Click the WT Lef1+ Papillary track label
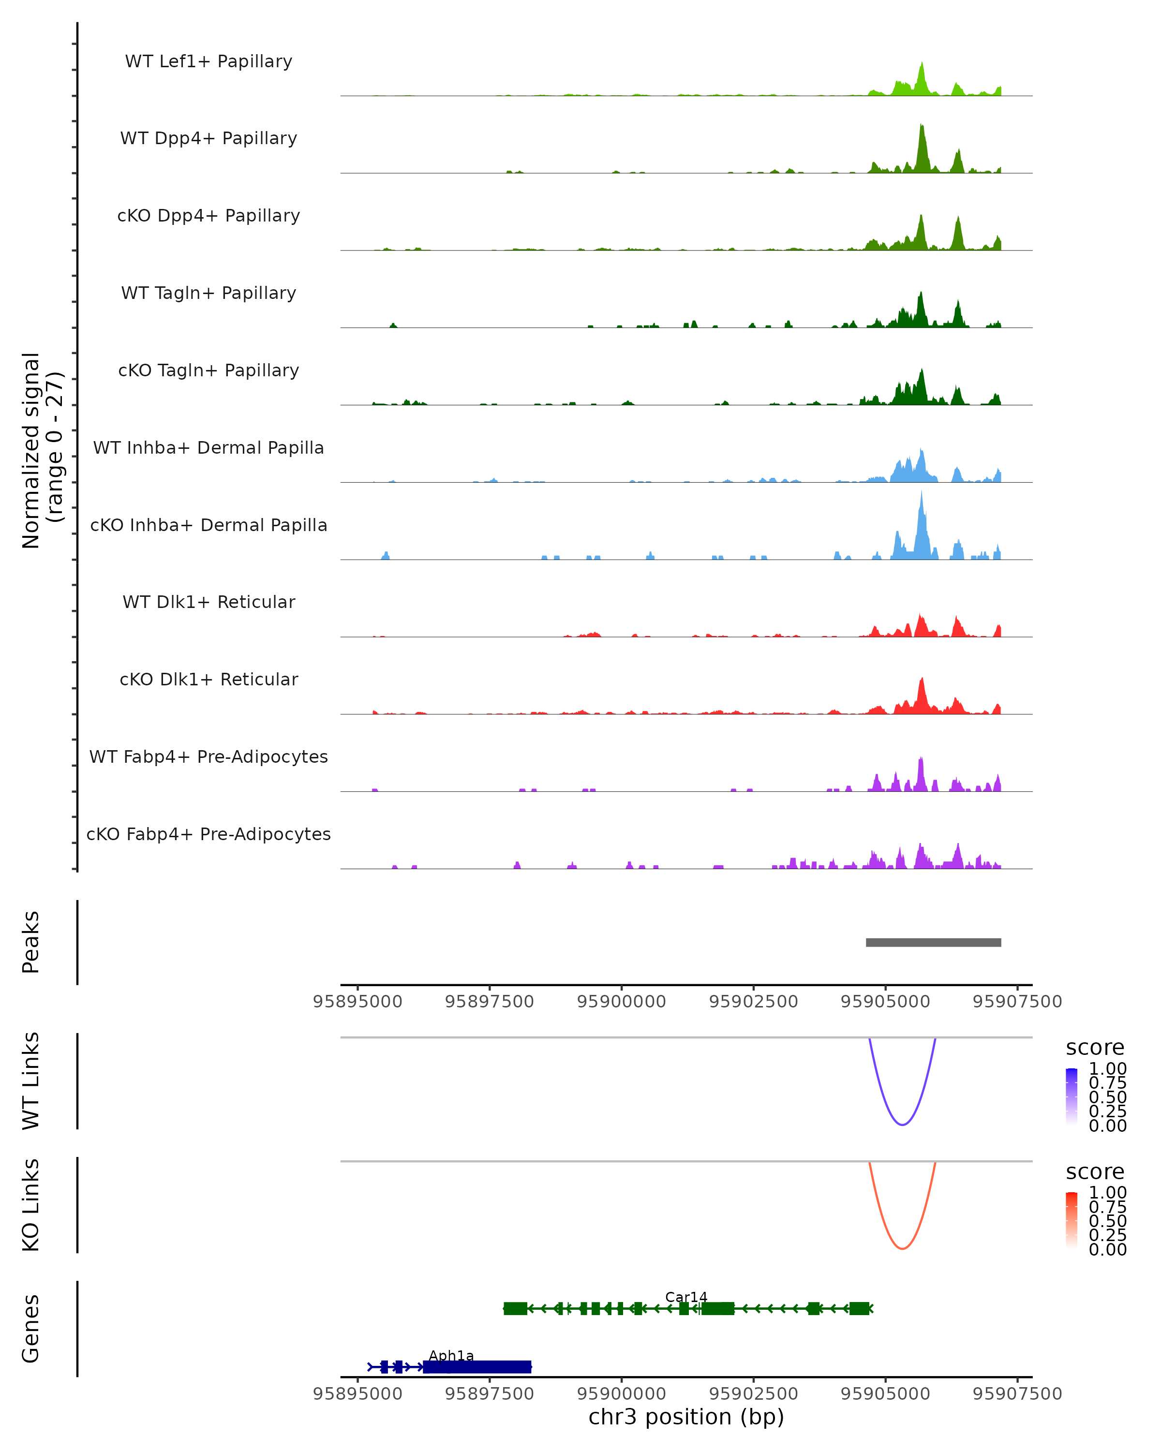click(208, 62)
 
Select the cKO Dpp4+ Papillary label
click(208, 216)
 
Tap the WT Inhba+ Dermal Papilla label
click(208, 448)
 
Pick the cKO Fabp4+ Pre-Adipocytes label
click(208, 834)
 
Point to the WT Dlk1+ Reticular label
click(208, 602)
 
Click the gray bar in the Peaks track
click(933, 943)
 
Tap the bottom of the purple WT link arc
click(902, 1124)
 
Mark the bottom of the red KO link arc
click(902, 1248)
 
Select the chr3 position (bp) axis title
click(686, 1417)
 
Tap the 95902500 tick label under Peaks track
click(753, 1002)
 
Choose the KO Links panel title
click(31, 1205)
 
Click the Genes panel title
click(31, 1329)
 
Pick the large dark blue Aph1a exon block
click(476, 1367)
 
